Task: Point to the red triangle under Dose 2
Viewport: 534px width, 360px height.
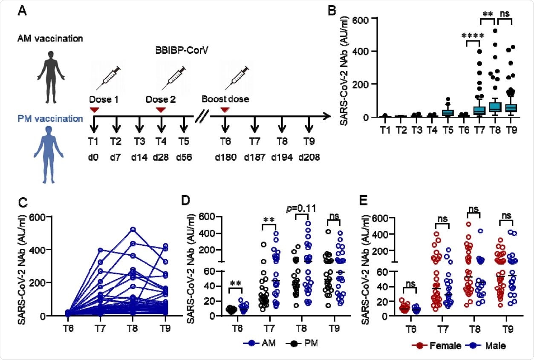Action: [160, 110]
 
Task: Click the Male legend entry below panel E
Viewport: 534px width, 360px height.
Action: [488, 346]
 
